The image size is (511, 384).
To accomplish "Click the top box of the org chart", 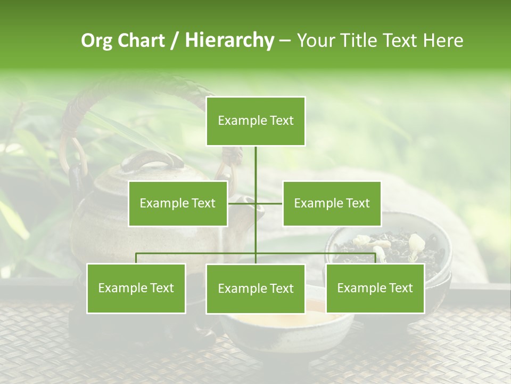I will [x=256, y=121].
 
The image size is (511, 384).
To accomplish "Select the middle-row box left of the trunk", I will [x=178, y=203].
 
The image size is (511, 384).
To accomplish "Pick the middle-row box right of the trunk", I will [x=332, y=203].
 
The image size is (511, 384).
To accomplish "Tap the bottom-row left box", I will [x=136, y=288].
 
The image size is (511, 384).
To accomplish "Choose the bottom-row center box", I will [x=256, y=289].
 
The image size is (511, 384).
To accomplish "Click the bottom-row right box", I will [x=375, y=288].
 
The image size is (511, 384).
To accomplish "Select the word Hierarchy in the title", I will [x=229, y=41].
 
